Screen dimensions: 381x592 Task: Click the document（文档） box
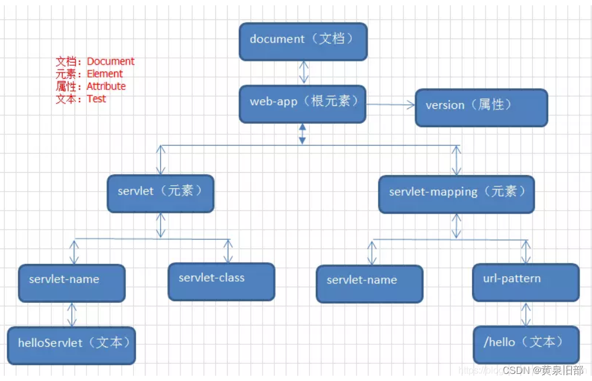(303, 41)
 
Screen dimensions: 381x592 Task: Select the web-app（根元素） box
(303, 104)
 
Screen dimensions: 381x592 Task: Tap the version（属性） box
(481, 107)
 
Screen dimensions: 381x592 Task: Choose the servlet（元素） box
(160, 193)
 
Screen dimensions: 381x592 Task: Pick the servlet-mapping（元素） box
(456, 194)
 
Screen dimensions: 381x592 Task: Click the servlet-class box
(221, 281)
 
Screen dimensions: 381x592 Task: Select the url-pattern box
(526, 281)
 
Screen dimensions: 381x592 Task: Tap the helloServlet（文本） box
(72, 345)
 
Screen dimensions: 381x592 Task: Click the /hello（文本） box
(526, 344)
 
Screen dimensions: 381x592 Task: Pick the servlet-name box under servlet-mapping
(370, 283)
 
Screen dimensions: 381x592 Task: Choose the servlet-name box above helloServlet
(72, 283)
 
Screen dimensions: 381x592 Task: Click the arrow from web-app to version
(390, 105)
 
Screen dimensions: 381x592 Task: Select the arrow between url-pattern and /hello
(525, 313)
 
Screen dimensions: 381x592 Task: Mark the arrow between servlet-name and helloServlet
(72, 314)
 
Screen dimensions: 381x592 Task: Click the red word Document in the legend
(111, 62)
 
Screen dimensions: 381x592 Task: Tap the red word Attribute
(106, 86)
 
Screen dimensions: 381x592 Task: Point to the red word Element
(105, 74)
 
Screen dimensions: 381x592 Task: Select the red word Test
(96, 99)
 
